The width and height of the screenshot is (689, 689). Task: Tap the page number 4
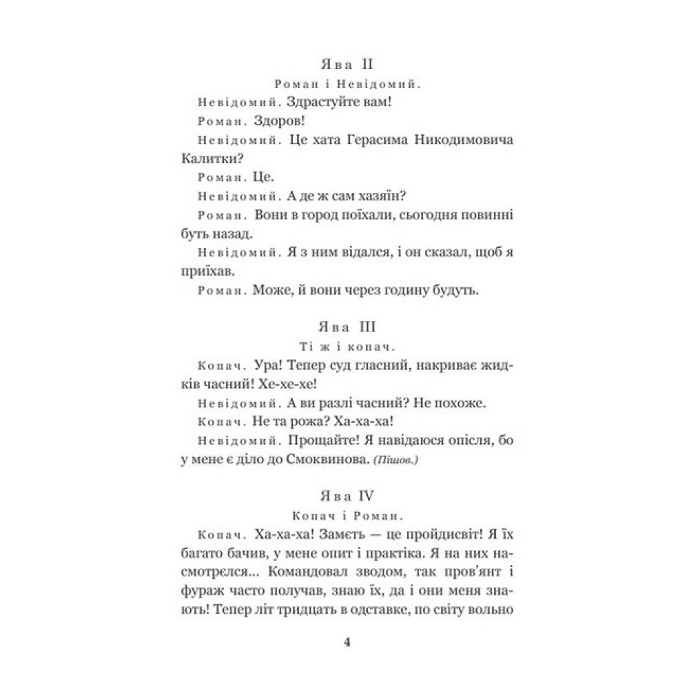347,643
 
